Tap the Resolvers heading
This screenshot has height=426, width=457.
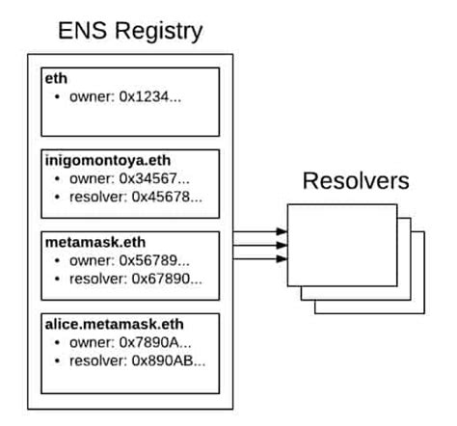(356, 181)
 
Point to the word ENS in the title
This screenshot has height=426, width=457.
(80, 31)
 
